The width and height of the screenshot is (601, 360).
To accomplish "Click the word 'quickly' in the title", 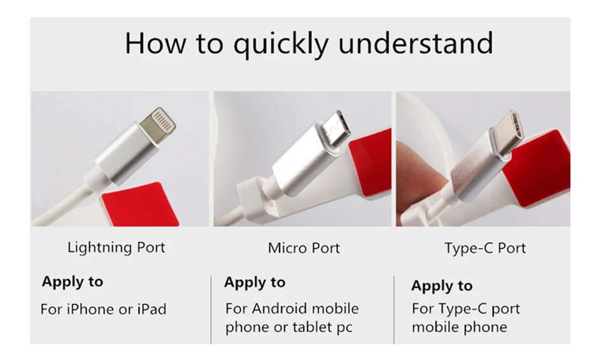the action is click(281, 44).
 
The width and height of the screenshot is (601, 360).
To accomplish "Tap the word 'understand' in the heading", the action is click(416, 43).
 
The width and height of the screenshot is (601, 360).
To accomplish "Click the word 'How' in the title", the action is click(155, 43).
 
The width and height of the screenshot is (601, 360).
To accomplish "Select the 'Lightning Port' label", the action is click(116, 248).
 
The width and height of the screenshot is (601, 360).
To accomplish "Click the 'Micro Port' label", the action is click(304, 248).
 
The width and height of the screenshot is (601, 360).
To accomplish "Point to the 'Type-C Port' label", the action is click(485, 248).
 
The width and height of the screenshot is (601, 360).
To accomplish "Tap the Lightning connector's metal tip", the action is click(158, 124).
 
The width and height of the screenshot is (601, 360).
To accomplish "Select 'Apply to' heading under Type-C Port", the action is click(442, 287).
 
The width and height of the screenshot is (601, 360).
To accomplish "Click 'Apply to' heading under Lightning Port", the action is click(73, 282).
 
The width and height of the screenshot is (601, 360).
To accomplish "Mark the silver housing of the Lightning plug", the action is click(127, 154).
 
